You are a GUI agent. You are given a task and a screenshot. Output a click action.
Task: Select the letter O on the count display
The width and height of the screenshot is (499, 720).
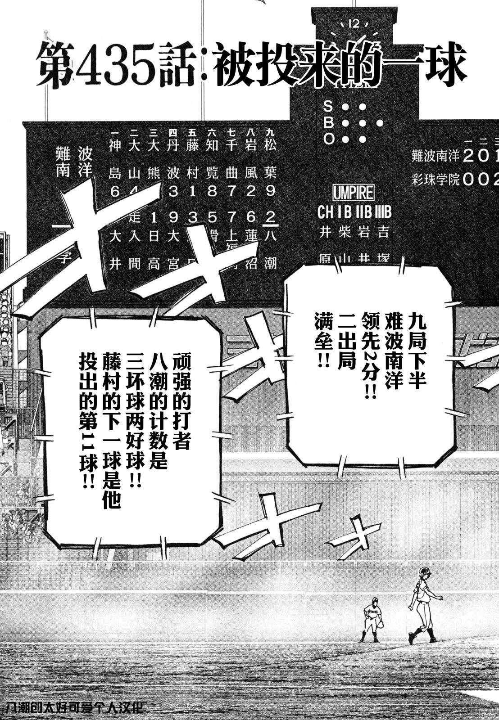pyautogui.click(x=328, y=139)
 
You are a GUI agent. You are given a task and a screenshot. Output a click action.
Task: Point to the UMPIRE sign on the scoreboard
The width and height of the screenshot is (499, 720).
pyautogui.click(x=354, y=193)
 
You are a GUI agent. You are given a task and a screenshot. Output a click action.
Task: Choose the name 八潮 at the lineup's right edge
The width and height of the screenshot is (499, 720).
pyautogui.click(x=270, y=249)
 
